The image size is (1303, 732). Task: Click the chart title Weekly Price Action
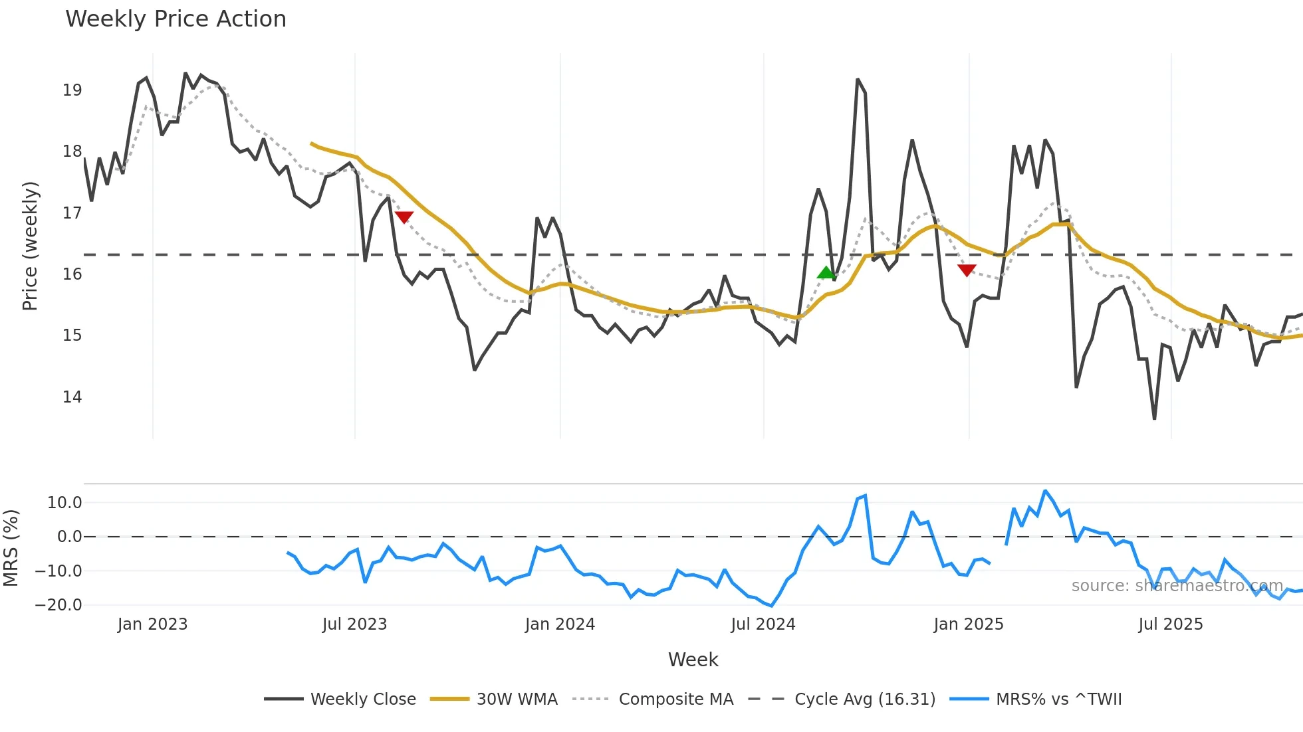[176, 19]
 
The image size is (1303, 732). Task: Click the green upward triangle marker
[826, 272]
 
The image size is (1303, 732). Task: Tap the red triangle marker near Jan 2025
[967, 270]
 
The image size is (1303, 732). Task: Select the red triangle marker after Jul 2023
[404, 217]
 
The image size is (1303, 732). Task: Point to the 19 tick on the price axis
[72, 90]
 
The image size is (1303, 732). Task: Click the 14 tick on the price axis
[72, 397]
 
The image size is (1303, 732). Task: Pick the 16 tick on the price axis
[72, 274]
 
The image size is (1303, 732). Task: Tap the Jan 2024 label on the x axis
[560, 624]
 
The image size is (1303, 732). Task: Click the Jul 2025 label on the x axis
[1170, 624]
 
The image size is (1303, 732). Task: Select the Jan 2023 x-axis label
[152, 624]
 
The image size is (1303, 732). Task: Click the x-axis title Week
[693, 660]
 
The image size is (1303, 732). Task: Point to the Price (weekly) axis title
[30, 246]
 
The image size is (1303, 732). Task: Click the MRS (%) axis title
[11, 548]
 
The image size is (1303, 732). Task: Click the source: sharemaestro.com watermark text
[1177, 586]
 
